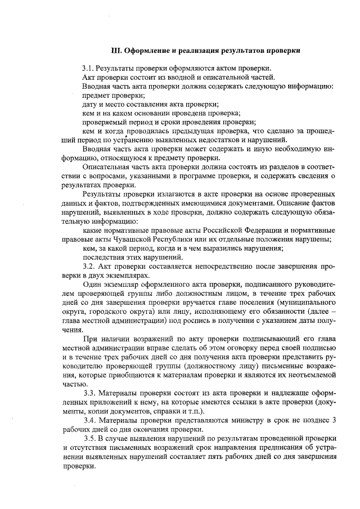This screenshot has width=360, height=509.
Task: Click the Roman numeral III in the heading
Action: [x=114, y=50]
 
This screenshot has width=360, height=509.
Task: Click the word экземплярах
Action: [x=129, y=275]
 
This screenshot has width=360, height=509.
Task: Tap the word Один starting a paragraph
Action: [x=92, y=285]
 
